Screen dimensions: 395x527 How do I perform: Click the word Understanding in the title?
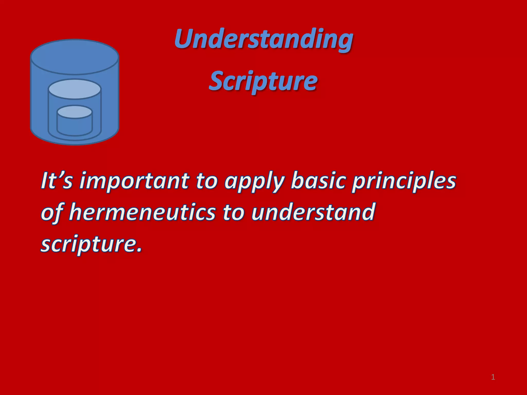(263, 39)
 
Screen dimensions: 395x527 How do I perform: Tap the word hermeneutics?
(142, 212)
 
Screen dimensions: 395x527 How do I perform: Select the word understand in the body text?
(313, 212)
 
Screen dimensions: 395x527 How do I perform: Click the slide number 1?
(493, 377)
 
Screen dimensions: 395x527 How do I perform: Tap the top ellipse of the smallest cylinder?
(75, 112)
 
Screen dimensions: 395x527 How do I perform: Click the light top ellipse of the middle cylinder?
(75, 89)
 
